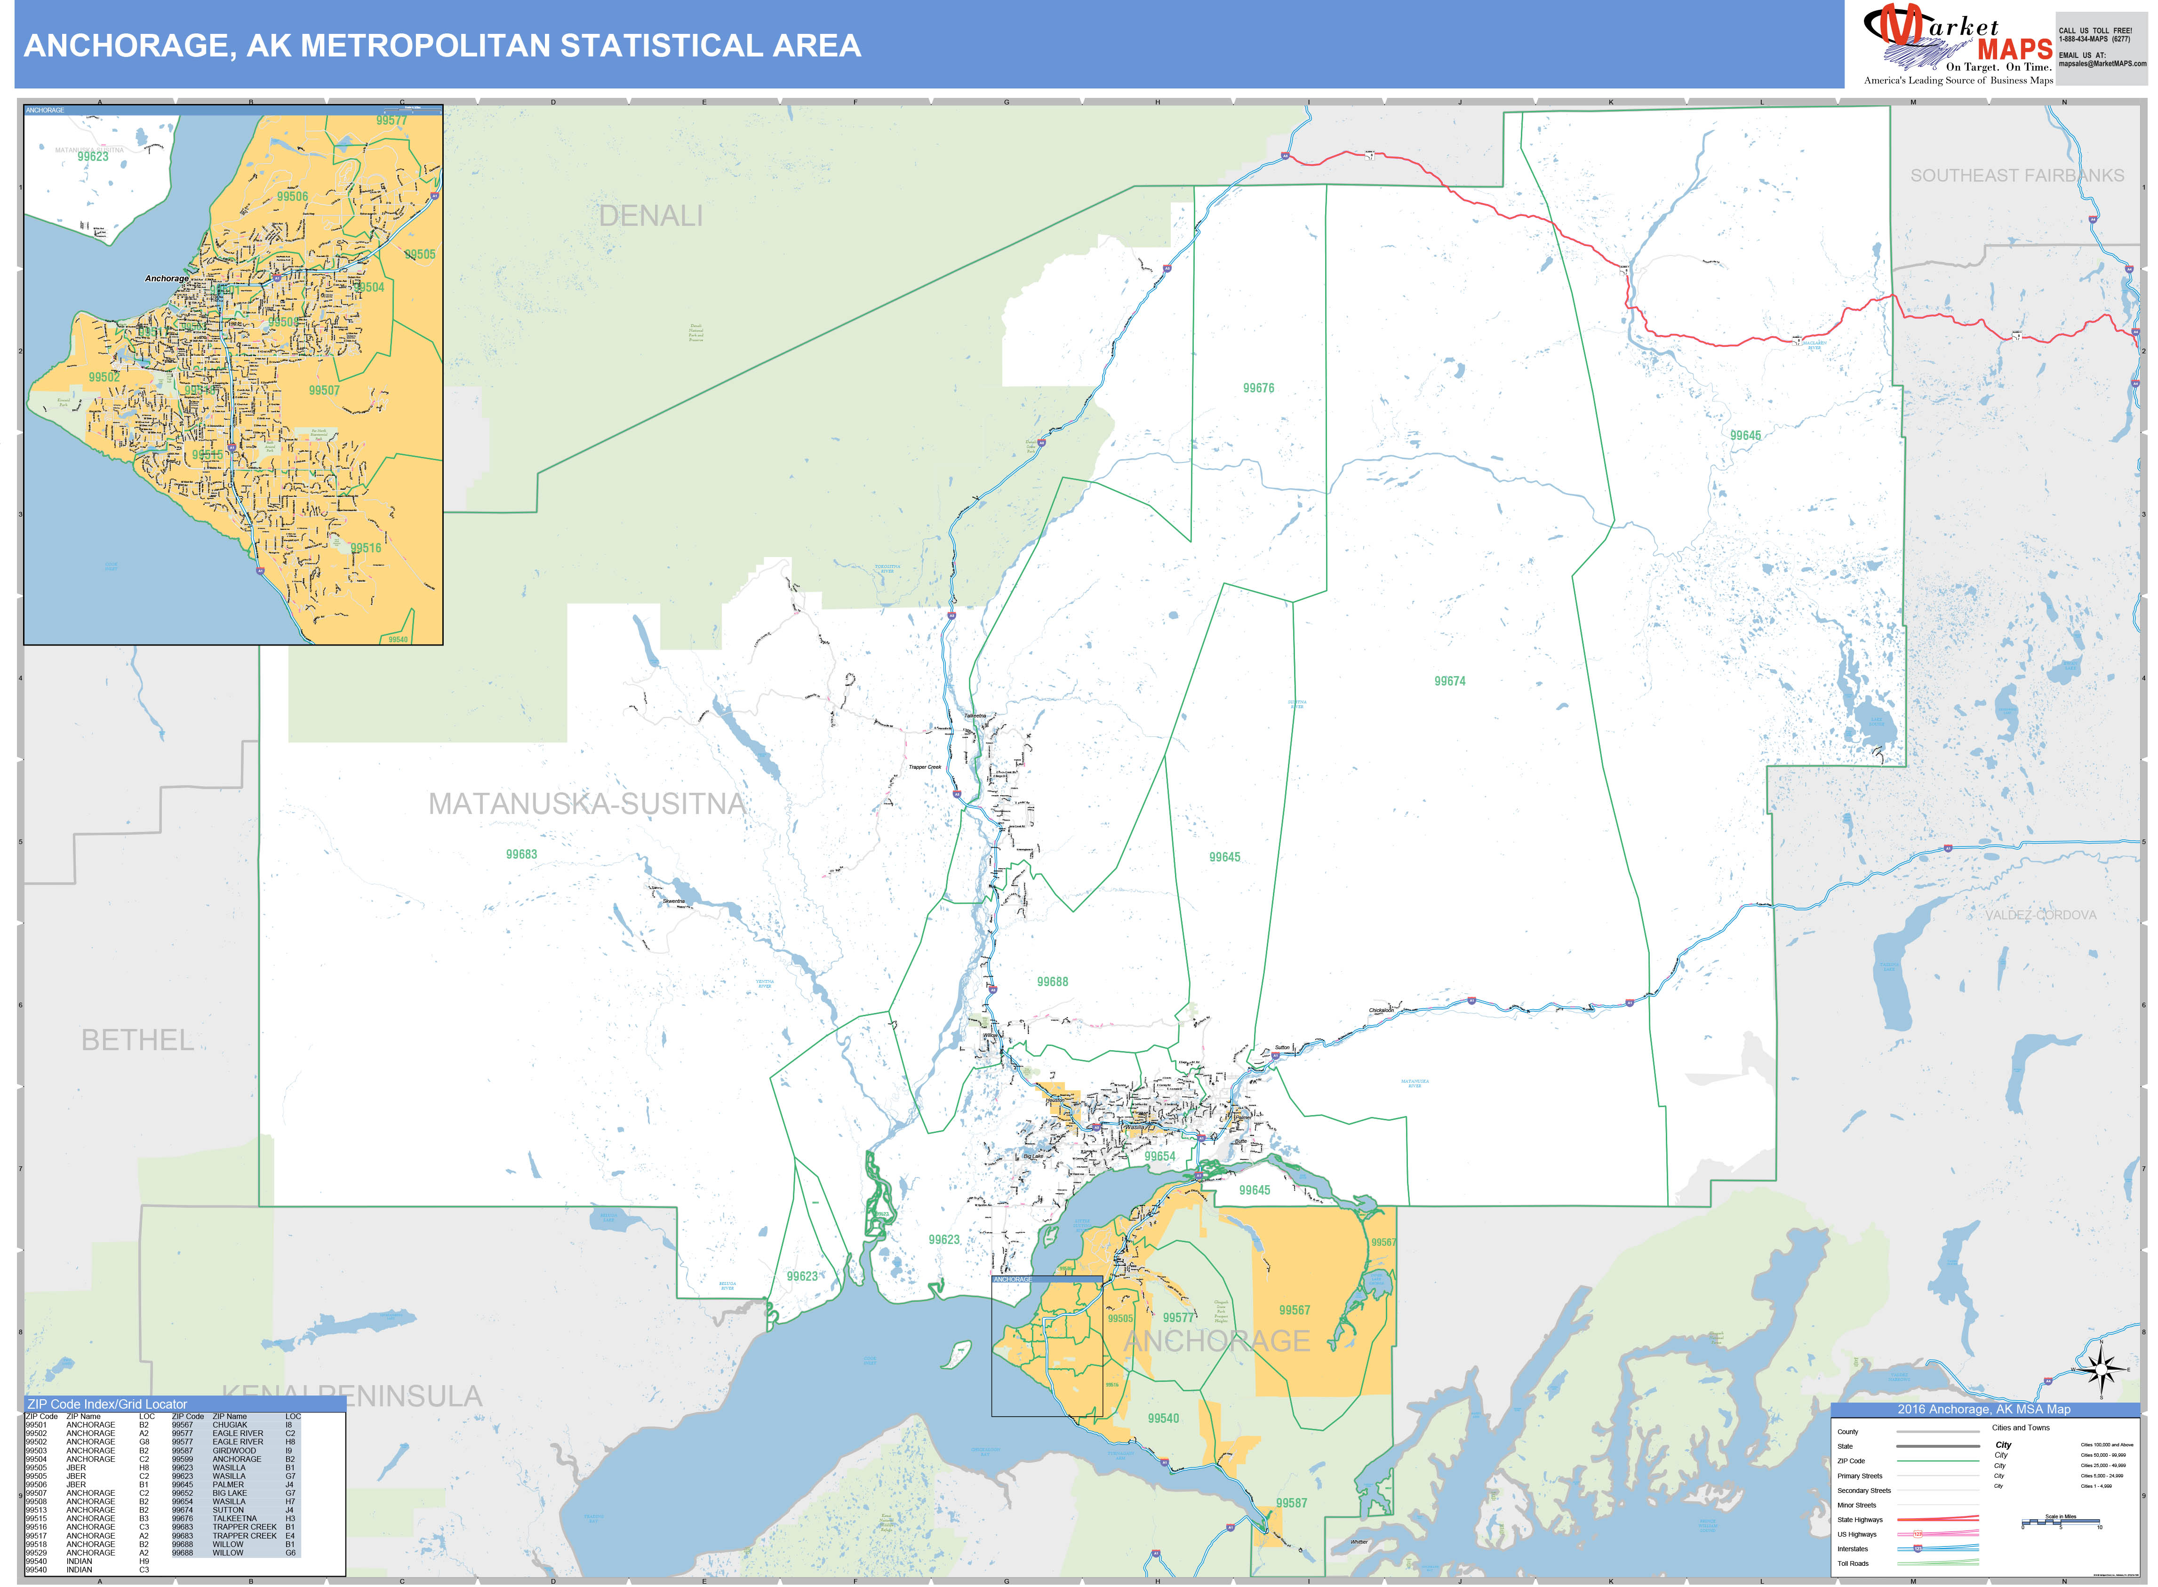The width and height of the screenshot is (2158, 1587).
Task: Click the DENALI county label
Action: click(x=650, y=216)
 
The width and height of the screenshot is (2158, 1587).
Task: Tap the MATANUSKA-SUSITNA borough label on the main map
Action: click(x=586, y=804)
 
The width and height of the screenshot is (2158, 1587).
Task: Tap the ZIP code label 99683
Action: click(x=522, y=854)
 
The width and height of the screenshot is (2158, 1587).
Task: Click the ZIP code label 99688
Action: click(x=1052, y=982)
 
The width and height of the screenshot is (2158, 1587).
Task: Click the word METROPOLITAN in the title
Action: click(x=397, y=46)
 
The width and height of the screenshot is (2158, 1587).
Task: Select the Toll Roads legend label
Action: click(x=1853, y=1563)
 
